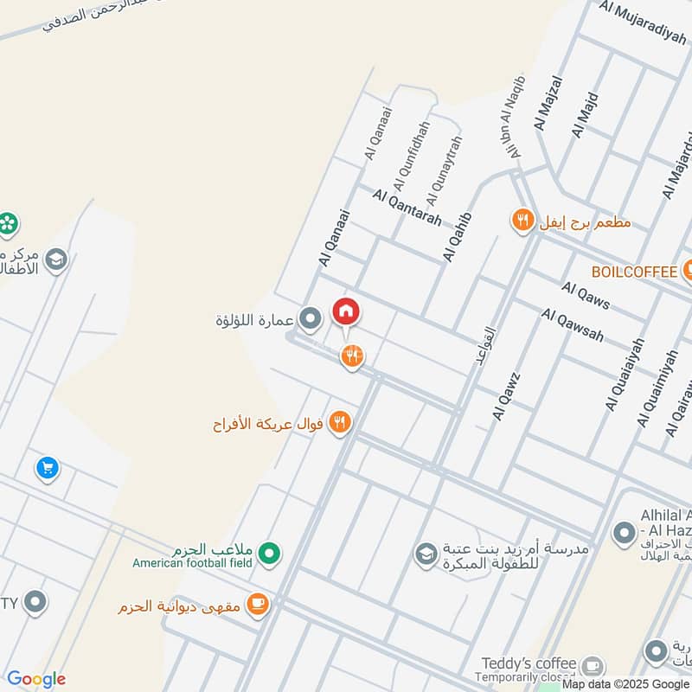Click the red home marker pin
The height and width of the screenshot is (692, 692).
346,311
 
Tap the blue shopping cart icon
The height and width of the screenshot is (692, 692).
47,469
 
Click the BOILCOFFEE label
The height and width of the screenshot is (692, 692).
634,272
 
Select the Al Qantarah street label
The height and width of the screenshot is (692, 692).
407,208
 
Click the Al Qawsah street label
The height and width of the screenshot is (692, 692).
572,324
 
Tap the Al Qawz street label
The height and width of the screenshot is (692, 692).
505,396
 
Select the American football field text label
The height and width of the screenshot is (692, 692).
192,563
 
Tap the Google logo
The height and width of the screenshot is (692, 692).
36,679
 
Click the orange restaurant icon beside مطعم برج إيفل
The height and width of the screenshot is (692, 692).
522,221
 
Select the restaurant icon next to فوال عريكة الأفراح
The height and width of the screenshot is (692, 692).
341,423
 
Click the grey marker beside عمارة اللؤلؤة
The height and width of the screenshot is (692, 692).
310,319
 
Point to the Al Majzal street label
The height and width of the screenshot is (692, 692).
548,103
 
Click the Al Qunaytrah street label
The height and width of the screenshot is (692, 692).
444,164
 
